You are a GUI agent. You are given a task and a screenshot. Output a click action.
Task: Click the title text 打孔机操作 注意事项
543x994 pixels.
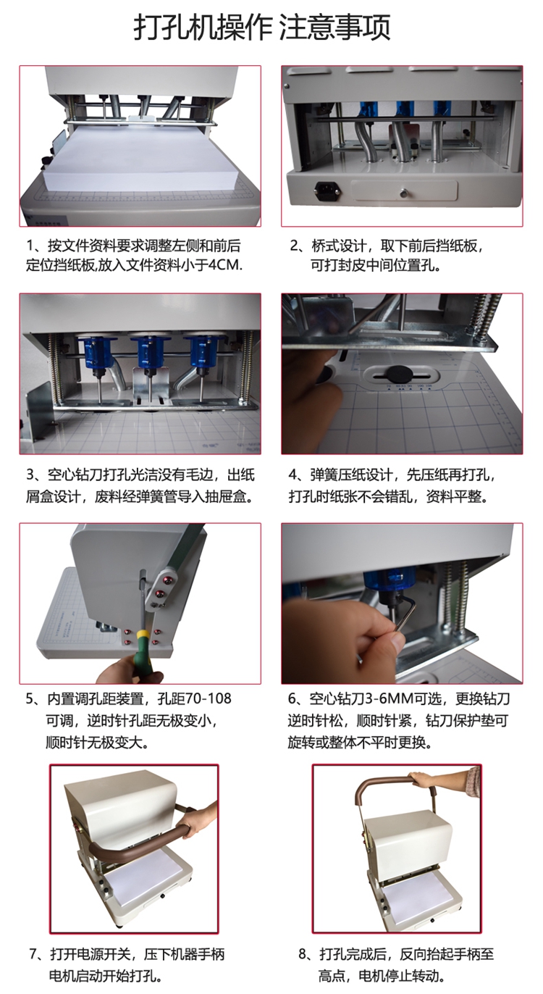click(262, 28)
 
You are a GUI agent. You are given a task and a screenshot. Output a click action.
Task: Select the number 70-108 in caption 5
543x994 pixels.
click(208, 698)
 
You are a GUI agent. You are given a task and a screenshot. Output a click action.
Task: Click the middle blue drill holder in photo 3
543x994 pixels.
click(149, 353)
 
